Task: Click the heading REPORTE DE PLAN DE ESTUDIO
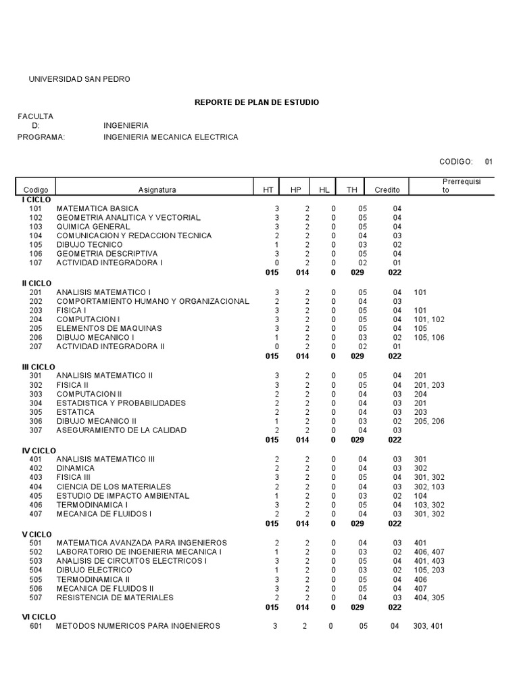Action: pos(257,102)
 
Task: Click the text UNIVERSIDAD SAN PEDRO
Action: pos(79,79)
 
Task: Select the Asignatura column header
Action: pos(157,190)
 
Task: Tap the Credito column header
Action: pos(387,190)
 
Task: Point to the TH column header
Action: pos(352,190)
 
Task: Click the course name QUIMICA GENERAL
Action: pos(93,227)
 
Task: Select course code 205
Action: pos(36,328)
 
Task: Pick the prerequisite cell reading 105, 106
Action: pos(429,337)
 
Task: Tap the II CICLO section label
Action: pos(38,282)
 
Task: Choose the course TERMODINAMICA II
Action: pos(94,579)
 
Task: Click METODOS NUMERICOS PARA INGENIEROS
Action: pos(139,626)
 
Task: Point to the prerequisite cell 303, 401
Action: pos(429,626)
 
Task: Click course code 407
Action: pos(36,514)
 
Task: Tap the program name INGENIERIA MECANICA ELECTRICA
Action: pos(171,137)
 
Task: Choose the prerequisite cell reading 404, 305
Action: pos(429,598)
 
